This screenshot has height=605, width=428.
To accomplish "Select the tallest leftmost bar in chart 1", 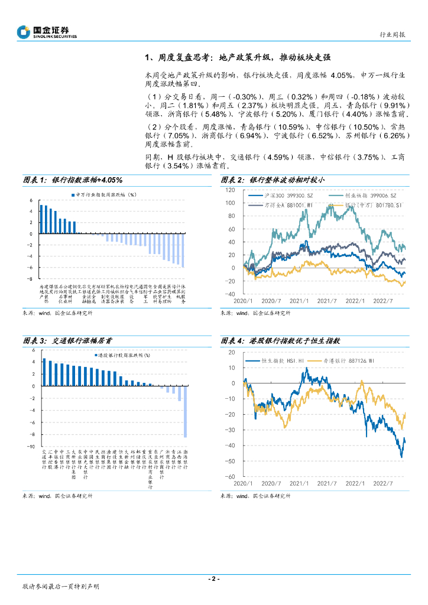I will (40, 219).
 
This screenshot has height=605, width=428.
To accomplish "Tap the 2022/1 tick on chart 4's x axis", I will (355, 483).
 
